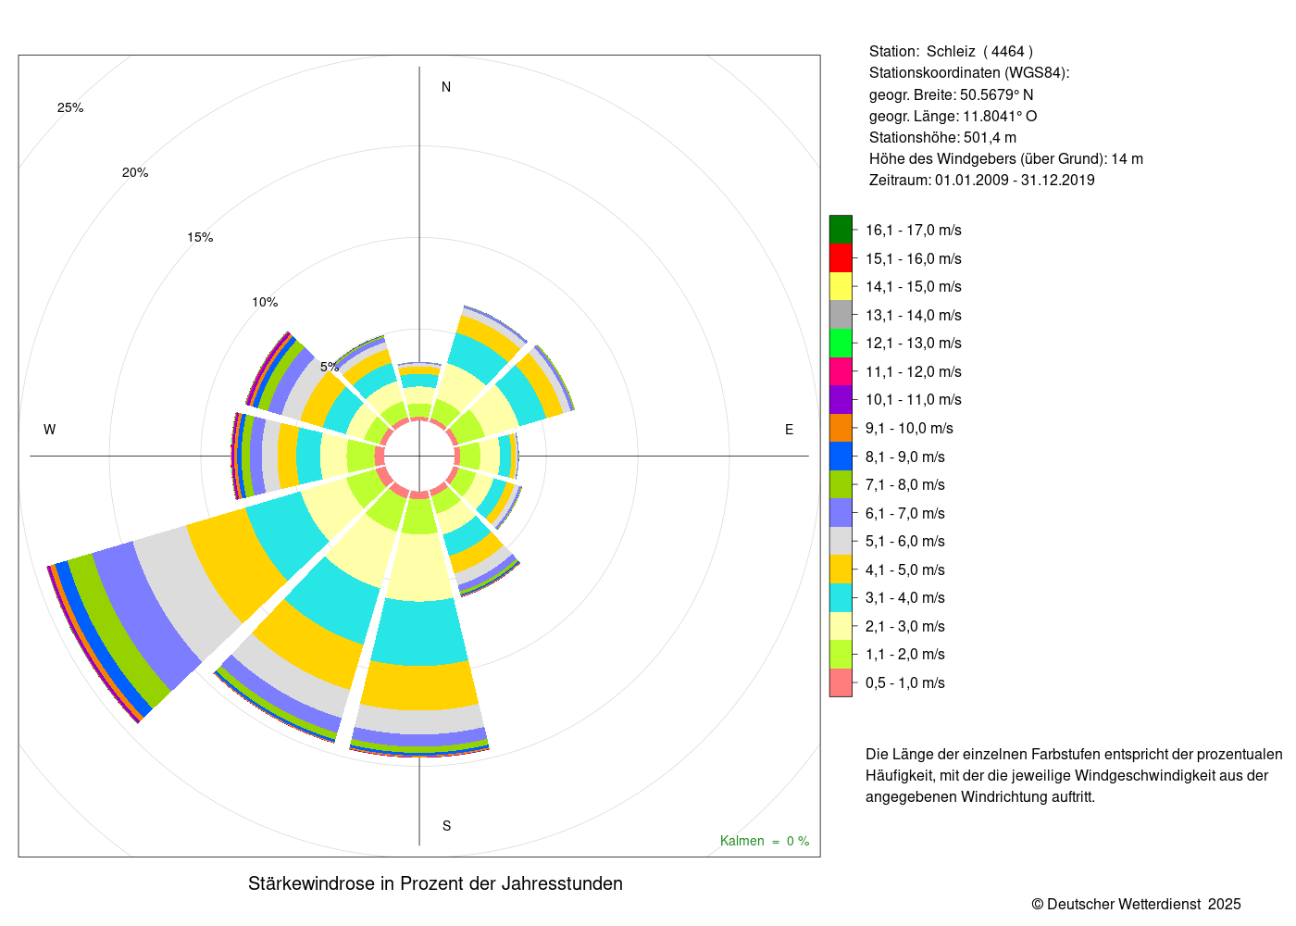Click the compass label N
(445, 87)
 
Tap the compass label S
(446, 826)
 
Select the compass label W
(49, 430)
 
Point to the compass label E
(789, 430)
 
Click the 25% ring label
(70, 107)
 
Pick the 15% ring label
(200, 237)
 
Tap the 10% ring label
(265, 302)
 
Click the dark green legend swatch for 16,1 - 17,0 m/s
(841, 230)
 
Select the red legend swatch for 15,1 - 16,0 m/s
(841, 258)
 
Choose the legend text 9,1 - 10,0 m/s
(909, 428)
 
